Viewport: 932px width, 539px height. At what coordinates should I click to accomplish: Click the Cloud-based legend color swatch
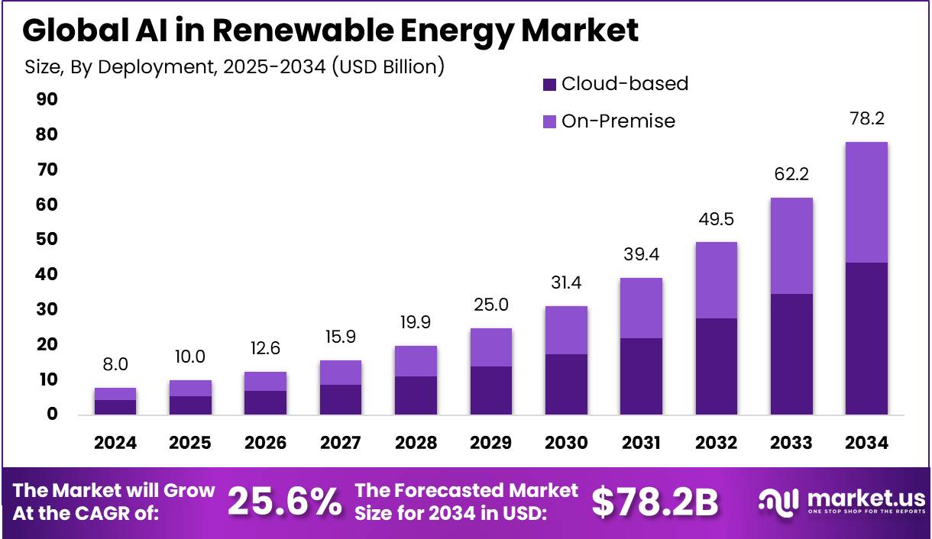549,84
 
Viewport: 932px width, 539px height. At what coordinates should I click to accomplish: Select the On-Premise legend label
618,121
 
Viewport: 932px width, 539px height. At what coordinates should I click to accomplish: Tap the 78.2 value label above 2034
866,119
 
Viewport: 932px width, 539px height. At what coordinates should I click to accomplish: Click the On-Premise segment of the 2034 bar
866,202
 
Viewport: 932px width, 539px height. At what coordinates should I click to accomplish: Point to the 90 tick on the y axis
47,100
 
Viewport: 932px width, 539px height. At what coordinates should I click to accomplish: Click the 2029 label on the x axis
490,443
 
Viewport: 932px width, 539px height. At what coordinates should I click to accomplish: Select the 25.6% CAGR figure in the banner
284,502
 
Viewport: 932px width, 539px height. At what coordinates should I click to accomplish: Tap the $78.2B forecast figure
655,502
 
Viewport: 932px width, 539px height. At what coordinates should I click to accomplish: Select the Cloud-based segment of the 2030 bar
566,384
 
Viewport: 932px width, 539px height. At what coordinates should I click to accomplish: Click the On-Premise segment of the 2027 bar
340,372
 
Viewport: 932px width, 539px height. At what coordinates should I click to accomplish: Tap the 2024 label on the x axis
115,443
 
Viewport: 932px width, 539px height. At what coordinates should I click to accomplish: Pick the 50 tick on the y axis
47,240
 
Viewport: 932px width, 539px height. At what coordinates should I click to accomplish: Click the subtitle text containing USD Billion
235,66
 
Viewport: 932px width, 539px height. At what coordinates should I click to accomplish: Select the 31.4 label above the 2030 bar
566,284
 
